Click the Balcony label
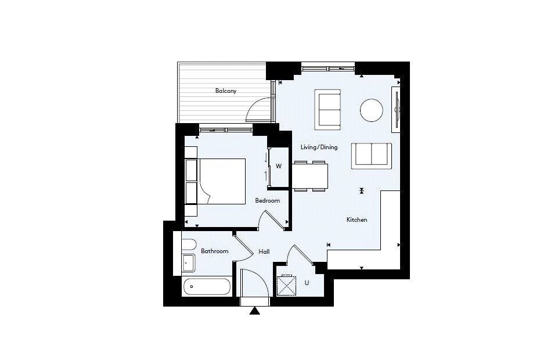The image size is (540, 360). pos(226,91)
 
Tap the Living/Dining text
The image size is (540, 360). pos(319,147)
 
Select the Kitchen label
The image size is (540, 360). pos(357,219)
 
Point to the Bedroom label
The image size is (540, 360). pos(267,201)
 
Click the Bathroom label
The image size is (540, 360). pos(214,251)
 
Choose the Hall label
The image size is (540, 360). pos(264,251)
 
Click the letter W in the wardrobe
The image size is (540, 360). pos(279,166)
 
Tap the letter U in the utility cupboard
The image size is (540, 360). pos(307,283)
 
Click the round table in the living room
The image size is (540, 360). pos(372,110)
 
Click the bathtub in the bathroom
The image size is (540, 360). pos(207,286)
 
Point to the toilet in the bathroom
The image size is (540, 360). pos(188,244)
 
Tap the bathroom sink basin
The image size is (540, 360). pos(188,263)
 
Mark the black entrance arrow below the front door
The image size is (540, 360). pos(254,311)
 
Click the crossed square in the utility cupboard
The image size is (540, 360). pos(287,285)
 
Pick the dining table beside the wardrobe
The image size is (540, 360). pos(310,177)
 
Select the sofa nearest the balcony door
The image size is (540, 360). pos(328,110)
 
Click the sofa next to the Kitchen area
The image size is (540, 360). pos(371,155)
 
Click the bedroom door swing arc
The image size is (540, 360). pos(272,219)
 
